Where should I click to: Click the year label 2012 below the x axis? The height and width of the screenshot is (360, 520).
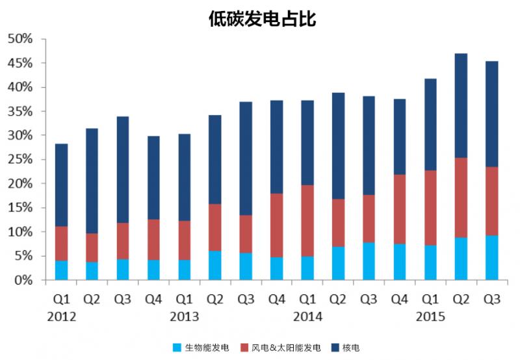(62, 318)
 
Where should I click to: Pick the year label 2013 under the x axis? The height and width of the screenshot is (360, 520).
(185, 318)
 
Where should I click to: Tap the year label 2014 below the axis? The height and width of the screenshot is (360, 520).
(307, 318)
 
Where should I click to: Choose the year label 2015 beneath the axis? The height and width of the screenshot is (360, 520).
(430, 318)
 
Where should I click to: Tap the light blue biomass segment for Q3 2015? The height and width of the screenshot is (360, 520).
(491, 257)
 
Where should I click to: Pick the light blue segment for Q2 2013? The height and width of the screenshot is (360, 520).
(215, 265)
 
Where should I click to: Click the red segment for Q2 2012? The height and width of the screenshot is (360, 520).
(92, 248)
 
